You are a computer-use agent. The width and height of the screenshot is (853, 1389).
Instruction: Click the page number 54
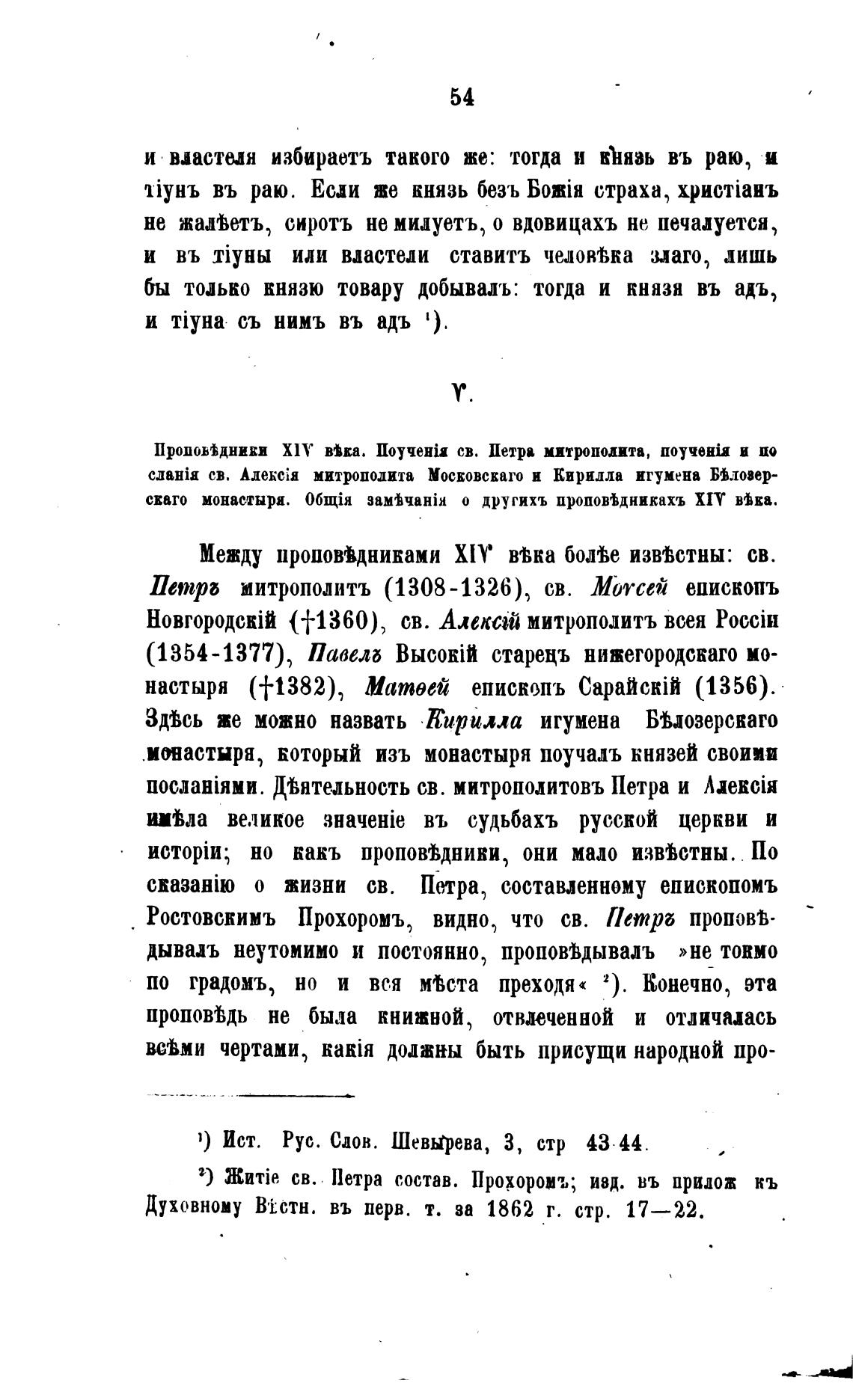[462, 97]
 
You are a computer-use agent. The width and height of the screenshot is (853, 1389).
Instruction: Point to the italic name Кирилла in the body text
[474, 721]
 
